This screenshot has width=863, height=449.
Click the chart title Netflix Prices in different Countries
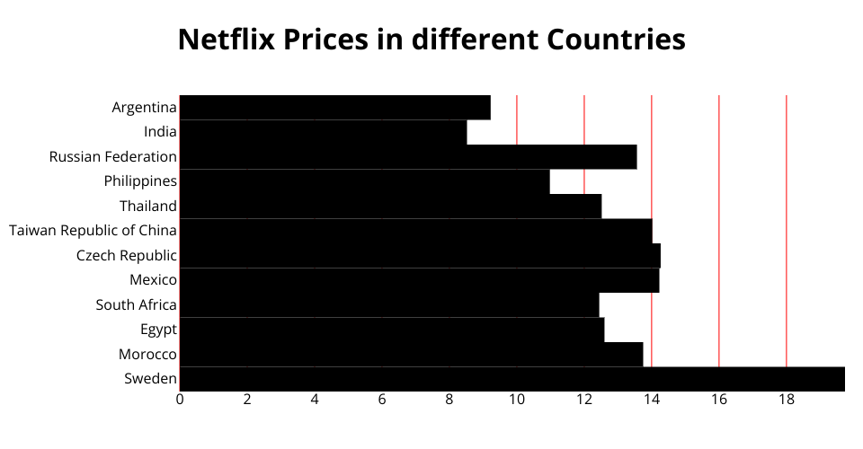[431, 40]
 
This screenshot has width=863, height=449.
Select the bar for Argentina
[334, 107]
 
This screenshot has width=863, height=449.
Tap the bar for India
[323, 132]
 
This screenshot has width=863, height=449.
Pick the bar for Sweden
[512, 379]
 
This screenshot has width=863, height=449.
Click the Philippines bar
[364, 181]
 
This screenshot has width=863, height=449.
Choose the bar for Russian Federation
[408, 156]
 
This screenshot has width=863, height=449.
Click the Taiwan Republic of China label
[93, 231]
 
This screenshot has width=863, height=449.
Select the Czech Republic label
[127, 255]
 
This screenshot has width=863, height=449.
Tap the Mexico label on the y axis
[153, 280]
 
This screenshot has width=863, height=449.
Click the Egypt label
[158, 330]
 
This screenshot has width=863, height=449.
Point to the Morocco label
[147, 354]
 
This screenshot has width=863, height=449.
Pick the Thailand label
[148, 206]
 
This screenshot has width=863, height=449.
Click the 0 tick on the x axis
[180, 400]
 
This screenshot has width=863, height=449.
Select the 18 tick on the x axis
[787, 400]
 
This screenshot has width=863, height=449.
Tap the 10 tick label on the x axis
[517, 400]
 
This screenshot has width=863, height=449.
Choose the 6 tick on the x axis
[382, 400]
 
